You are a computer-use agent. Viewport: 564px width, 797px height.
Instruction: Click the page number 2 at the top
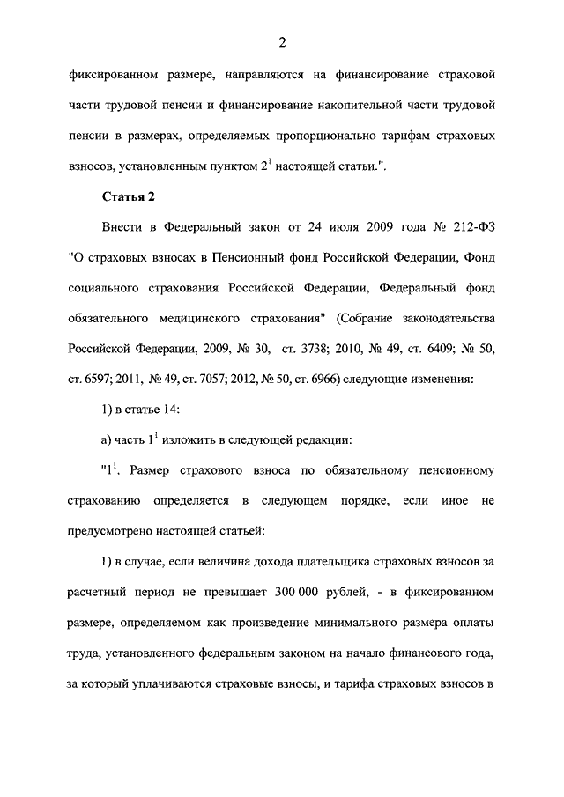tap(282, 42)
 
